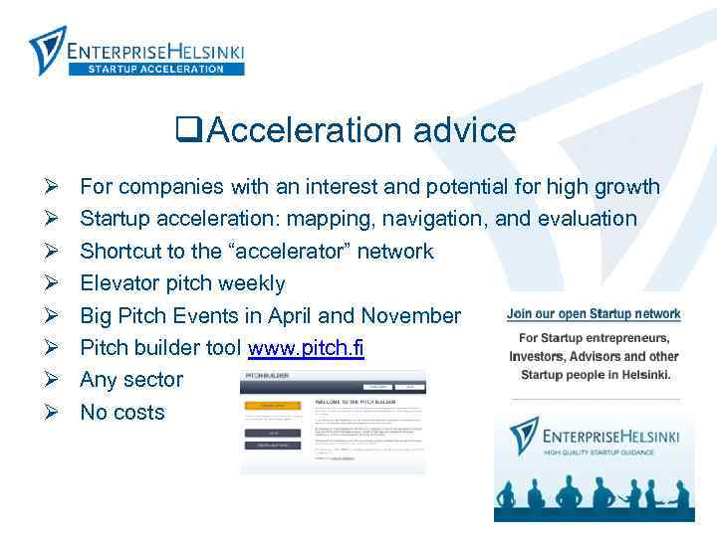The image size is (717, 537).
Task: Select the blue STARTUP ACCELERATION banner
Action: [156, 69]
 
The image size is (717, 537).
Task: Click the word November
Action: [410, 316]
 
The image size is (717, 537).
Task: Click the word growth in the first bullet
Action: [626, 186]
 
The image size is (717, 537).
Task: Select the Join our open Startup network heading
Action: [594, 313]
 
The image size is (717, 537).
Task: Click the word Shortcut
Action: [121, 251]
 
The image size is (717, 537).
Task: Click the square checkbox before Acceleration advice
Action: [184, 130]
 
